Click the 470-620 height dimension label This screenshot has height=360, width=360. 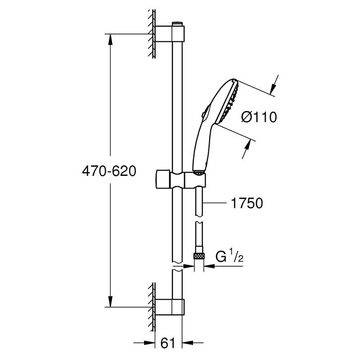tap(109, 171)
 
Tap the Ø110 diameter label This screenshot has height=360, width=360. tap(259, 117)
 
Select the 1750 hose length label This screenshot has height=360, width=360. tap(247, 203)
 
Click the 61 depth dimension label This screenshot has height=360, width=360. tap(168, 343)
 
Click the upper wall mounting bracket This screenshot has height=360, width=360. tap(170, 34)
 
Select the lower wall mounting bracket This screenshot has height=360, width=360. tap(170, 307)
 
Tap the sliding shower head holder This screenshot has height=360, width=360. tap(181, 179)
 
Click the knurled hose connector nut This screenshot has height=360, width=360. tap(199, 256)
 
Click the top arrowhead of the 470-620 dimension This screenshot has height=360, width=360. tap(110, 39)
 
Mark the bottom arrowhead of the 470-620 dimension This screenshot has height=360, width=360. tap(110, 301)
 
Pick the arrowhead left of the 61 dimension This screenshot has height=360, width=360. tap(150, 343)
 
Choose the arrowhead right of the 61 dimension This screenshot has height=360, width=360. tap(187, 343)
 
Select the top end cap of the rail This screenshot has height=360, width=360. tap(177, 24)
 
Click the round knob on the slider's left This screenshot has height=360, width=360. tap(163, 179)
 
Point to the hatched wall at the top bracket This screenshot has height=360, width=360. tap(152, 34)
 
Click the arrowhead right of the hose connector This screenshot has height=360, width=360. tap(209, 266)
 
